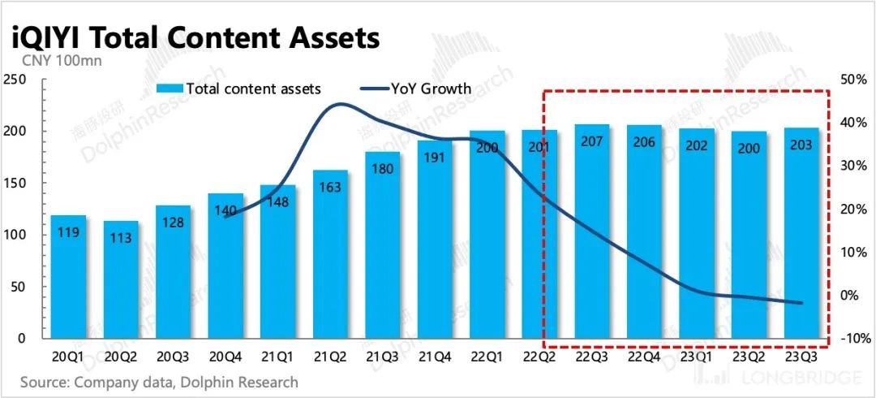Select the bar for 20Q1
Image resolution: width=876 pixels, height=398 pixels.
tap(67, 276)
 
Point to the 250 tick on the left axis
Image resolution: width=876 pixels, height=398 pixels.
tap(15, 80)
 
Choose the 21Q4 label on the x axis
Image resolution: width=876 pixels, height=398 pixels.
tap(433, 357)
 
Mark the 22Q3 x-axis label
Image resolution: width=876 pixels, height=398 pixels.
tap(590, 357)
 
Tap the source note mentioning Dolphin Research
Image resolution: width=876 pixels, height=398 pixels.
tap(159, 382)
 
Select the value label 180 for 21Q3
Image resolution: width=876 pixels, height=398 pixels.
tap(381, 169)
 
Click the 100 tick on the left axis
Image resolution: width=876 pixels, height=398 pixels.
tap(15, 235)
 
